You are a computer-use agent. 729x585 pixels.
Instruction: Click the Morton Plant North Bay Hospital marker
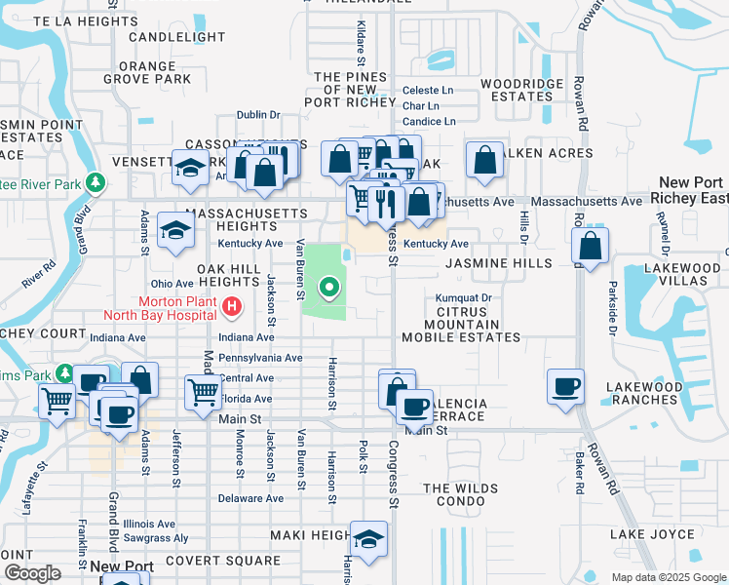tap(231, 308)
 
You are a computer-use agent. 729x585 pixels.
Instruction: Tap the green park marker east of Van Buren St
tap(329, 287)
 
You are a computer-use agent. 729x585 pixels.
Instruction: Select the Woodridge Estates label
tap(522, 90)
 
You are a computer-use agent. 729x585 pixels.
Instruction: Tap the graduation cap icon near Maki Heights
tap(368, 539)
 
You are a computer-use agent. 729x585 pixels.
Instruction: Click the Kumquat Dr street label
tap(464, 297)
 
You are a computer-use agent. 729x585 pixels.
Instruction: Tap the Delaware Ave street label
tap(250, 498)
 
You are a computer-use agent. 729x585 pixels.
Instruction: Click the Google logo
tap(32, 572)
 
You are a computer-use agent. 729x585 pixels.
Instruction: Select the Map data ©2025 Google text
tap(668, 577)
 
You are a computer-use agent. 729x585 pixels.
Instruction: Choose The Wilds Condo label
tap(460, 494)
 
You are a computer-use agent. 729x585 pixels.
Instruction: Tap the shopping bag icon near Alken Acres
tap(484, 160)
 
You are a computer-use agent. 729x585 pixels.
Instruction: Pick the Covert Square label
tap(222, 561)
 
